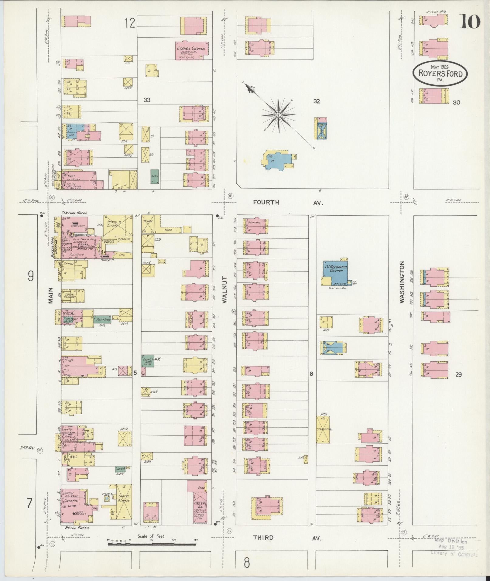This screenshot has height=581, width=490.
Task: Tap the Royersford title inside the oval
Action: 440,74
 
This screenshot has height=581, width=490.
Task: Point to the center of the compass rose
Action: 278,115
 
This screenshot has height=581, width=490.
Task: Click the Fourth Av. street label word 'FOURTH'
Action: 266,202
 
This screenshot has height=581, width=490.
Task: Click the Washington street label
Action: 402,282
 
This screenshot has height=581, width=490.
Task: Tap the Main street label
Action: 50,296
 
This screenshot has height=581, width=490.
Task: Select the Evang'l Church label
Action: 191,49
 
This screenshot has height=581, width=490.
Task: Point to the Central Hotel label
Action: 74,213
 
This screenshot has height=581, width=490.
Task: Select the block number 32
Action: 317,101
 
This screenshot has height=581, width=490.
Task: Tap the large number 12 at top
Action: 130,23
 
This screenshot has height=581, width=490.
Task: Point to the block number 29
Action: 458,374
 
